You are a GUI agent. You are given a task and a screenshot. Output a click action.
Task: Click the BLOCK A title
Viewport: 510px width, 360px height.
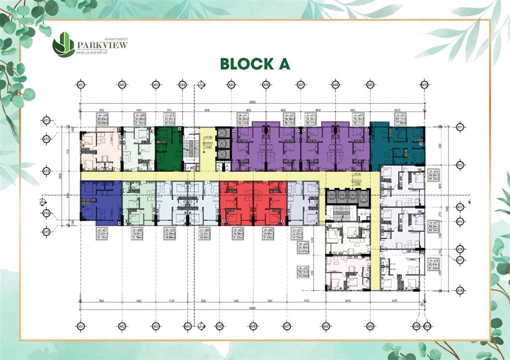(x=255, y=64)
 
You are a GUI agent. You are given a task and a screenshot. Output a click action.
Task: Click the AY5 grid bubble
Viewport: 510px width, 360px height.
(x=47, y=232)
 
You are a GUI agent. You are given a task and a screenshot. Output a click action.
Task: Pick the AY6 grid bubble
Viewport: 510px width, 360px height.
(x=460, y=248)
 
